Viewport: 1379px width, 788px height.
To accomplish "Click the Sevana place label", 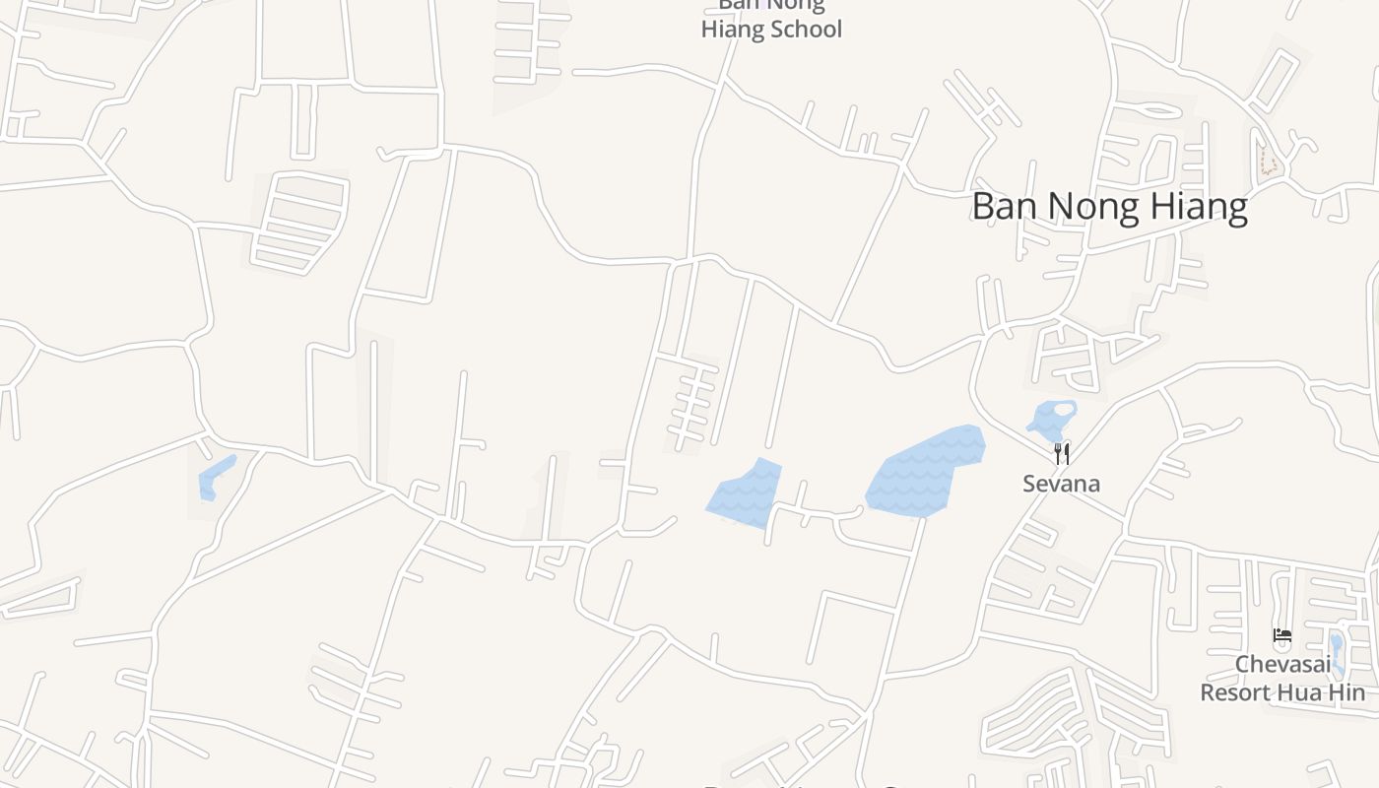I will [1061, 484].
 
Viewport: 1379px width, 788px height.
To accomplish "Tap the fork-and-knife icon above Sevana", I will [1062, 453].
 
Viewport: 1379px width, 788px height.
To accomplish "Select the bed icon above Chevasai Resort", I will [1281, 635].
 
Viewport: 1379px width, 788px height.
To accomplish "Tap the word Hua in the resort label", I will [1300, 692].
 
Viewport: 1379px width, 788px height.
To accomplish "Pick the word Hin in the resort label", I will [1347, 692].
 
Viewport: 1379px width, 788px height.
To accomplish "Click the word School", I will [806, 30].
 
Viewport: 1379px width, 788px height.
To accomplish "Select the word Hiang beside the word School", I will [733, 30].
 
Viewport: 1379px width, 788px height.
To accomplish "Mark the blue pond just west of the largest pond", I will [746, 493].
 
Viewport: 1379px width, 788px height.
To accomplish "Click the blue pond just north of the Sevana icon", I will [1046, 422].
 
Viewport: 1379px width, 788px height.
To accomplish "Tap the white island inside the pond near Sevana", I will [1063, 409].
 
